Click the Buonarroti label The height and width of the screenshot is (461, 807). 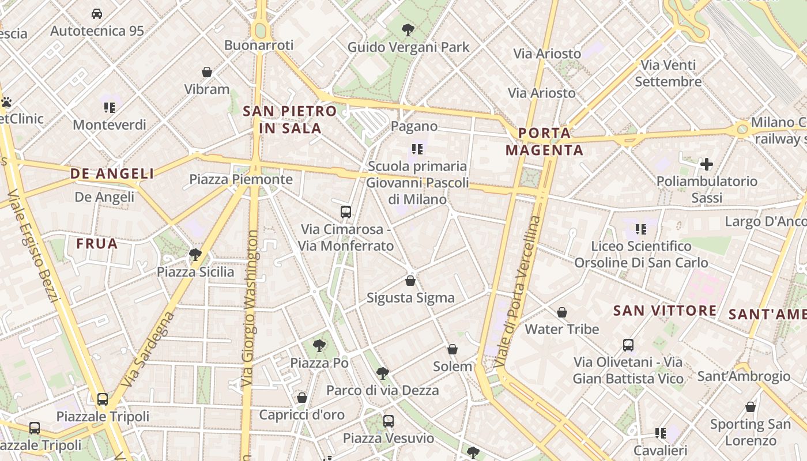[259, 45]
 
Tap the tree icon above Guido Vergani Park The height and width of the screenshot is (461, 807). [408, 29]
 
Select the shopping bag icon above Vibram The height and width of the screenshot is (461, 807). [207, 72]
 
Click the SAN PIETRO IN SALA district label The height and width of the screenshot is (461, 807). [290, 120]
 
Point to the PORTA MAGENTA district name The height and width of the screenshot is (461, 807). [544, 142]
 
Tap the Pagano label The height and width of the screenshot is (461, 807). [414, 126]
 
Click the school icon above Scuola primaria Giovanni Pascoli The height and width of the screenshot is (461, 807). [417, 149]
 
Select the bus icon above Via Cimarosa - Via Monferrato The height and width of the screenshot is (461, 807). [346, 211]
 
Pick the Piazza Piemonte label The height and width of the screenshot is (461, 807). [241, 179]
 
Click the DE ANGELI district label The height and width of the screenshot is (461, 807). [112, 173]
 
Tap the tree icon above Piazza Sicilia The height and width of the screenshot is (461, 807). [195, 254]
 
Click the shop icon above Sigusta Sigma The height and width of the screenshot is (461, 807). [410, 281]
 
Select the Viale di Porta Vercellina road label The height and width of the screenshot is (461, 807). [518, 292]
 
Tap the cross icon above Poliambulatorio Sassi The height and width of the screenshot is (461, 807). [707, 164]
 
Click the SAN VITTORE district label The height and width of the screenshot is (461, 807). [665, 311]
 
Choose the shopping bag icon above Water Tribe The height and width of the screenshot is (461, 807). [562, 312]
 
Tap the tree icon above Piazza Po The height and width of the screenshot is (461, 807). [319, 346]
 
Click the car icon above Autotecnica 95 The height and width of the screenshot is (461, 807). [97, 13]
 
